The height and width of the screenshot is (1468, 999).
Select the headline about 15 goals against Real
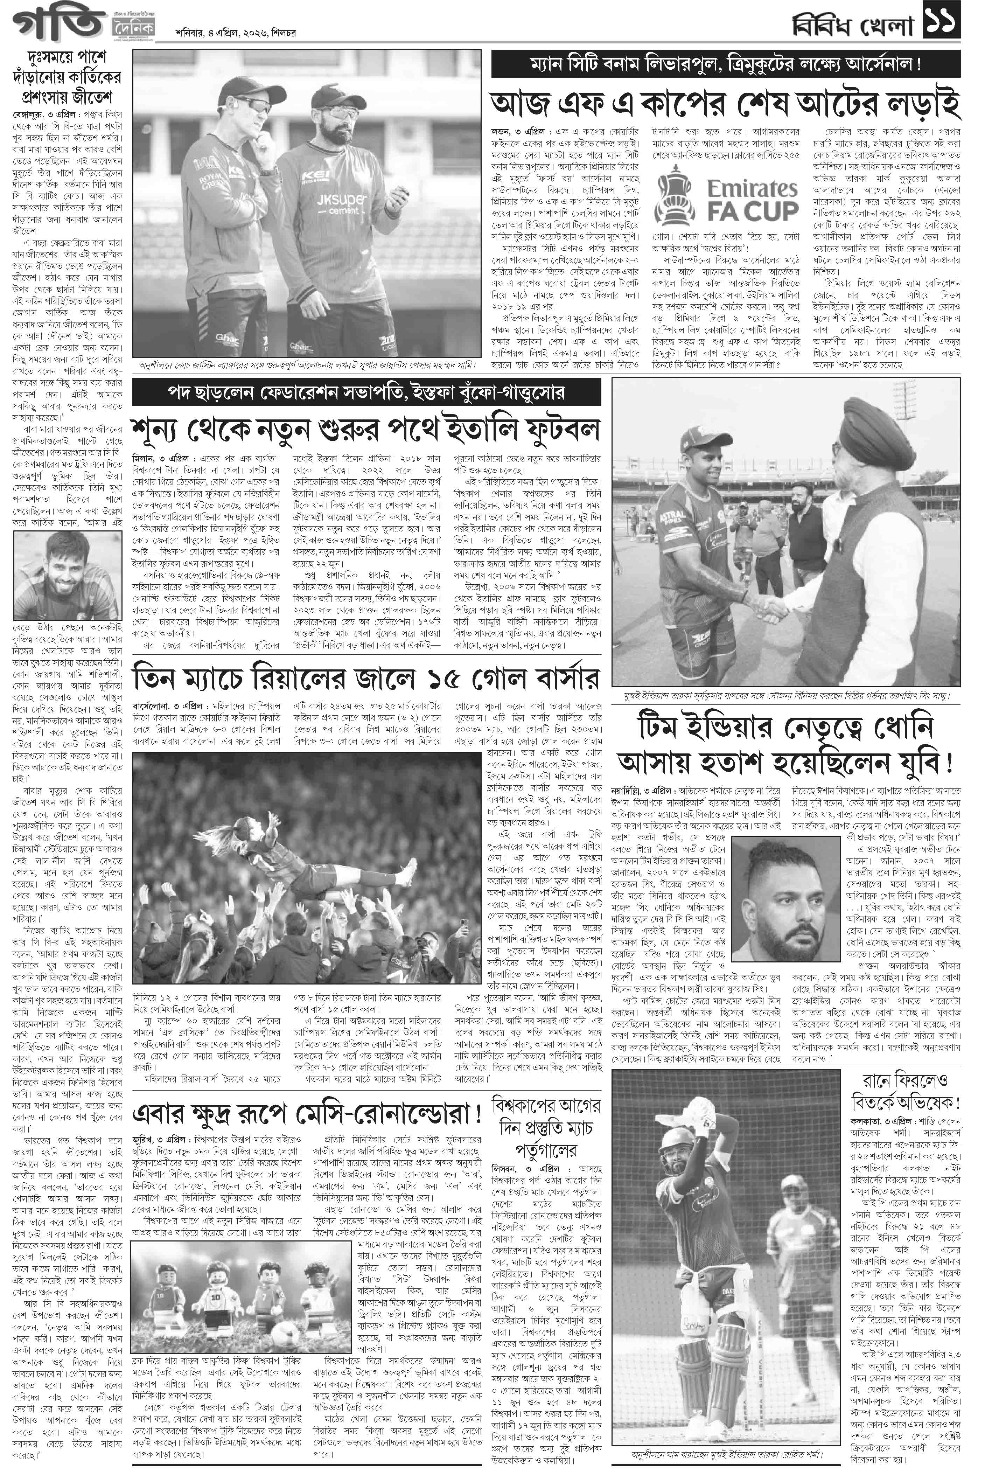pos(366,679)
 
